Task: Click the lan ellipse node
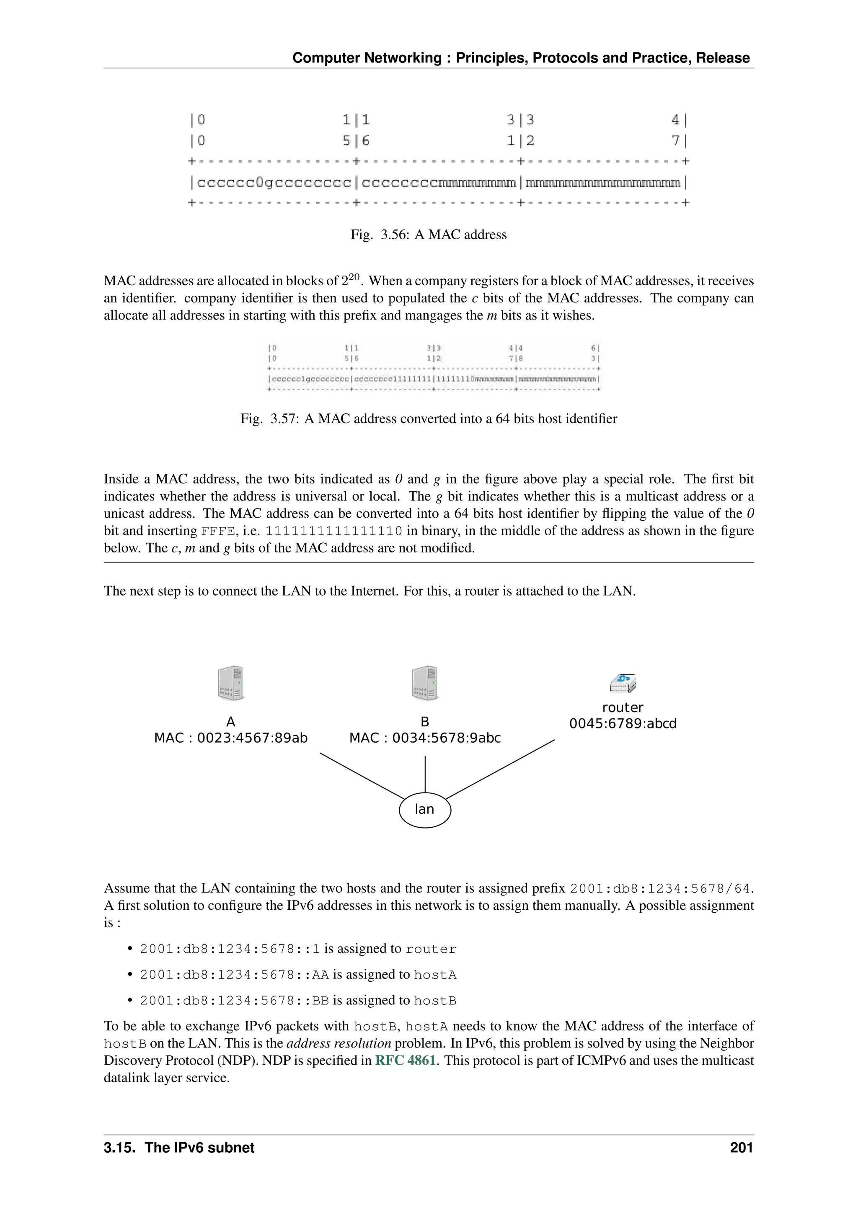[x=425, y=809]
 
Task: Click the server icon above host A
[x=231, y=683]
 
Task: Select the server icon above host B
[x=425, y=683]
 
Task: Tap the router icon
[x=623, y=683]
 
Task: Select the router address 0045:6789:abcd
[x=623, y=723]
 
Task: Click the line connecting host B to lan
[x=425, y=774]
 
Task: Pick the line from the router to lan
[x=500, y=769]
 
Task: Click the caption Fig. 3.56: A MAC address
[x=429, y=235]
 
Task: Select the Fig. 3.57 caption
[x=429, y=419]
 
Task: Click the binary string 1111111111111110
[x=334, y=531]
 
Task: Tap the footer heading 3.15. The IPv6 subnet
[x=179, y=1148]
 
